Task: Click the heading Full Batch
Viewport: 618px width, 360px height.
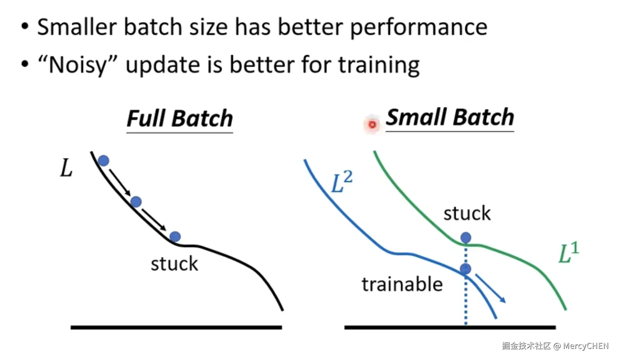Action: pyautogui.click(x=180, y=118)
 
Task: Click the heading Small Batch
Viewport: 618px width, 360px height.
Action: pyautogui.click(x=450, y=117)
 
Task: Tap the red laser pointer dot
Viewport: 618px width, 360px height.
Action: pyautogui.click(x=372, y=125)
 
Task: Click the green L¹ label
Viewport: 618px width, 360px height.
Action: pyautogui.click(x=569, y=252)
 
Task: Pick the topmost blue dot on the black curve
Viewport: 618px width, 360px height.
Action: pyautogui.click(x=104, y=161)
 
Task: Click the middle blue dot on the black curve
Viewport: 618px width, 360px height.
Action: pyautogui.click(x=136, y=202)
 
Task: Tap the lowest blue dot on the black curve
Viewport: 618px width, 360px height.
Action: pyautogui.click(x=175, y=236)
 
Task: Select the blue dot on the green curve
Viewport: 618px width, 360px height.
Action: pyautogui.click(x=466, y=237)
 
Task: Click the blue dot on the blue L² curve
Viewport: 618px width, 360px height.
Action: pyautogui.click(x=465, y=269)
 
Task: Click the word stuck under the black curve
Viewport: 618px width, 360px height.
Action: pyautogui.click(x=174, y=264)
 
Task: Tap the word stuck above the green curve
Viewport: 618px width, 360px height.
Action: pyautogui.click(x=467, y=213)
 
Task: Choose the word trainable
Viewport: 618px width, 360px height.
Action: pyautogui.click(x=402, y=284)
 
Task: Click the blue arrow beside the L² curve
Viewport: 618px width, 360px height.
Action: pyautogui.click(x=490, y=288)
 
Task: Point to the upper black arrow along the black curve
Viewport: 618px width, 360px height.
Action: pyautogui.click(x=120, y=182)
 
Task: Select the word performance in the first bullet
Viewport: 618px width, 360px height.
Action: pyautogui.click(x=419, y=27)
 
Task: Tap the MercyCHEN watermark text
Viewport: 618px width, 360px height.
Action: pyautogui.click(x=586, y=346)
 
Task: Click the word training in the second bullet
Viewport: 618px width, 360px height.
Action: pyautogui.click(x=379, y=65)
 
